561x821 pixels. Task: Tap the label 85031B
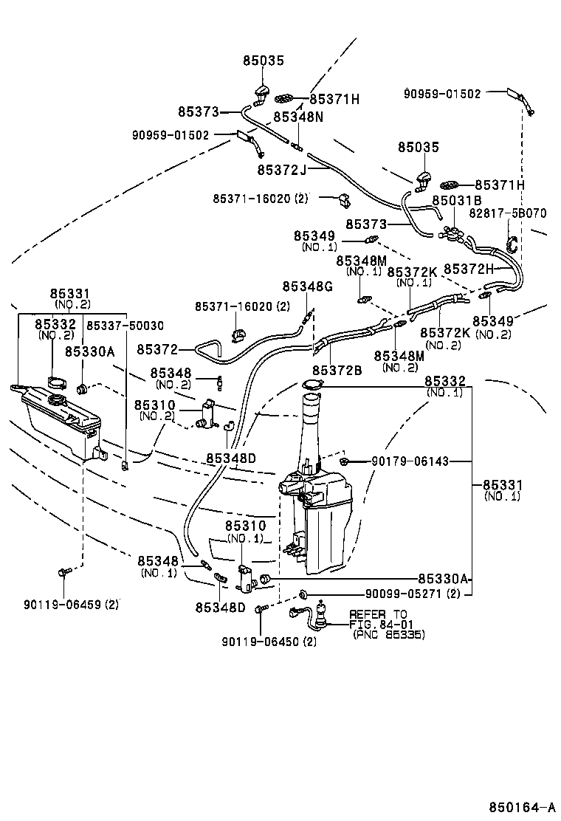[457, 200]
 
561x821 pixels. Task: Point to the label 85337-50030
[125, 325]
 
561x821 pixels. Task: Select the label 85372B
[337, 370]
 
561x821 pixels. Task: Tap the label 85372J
[281, 170]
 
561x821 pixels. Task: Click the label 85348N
[298, 117]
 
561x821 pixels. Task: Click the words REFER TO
[378, 614]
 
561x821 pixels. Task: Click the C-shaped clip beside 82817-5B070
[512, 243]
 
